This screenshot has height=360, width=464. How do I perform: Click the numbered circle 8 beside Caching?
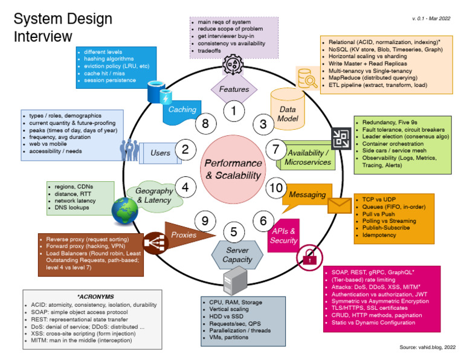coord(205,123)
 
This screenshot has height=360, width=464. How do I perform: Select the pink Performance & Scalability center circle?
coord(233,169)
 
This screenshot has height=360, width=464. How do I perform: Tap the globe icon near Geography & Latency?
coord(124,210)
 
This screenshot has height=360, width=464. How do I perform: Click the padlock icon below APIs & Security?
coord(309,257)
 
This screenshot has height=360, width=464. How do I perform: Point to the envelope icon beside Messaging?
coord(340,205)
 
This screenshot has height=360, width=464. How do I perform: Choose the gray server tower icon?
coord(235,280)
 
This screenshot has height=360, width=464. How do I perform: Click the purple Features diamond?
coord(234,89)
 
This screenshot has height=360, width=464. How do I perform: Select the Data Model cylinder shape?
coord(288,109)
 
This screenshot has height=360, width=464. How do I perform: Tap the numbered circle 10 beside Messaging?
coord(276,188)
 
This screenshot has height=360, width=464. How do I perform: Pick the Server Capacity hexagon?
coord(237,255)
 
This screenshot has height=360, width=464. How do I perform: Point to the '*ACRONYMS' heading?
coord(95,297)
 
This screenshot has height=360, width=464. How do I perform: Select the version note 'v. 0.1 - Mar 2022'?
coord(431,18)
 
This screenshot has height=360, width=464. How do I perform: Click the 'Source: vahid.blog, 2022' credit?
coord(428,347)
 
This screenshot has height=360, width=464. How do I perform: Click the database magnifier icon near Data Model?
coord(308,79)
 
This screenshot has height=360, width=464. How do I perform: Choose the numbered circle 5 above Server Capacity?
coord(234,232)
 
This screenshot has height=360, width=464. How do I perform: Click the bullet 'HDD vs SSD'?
coord(226,317)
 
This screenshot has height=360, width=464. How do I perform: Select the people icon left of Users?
coord(130,150)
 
